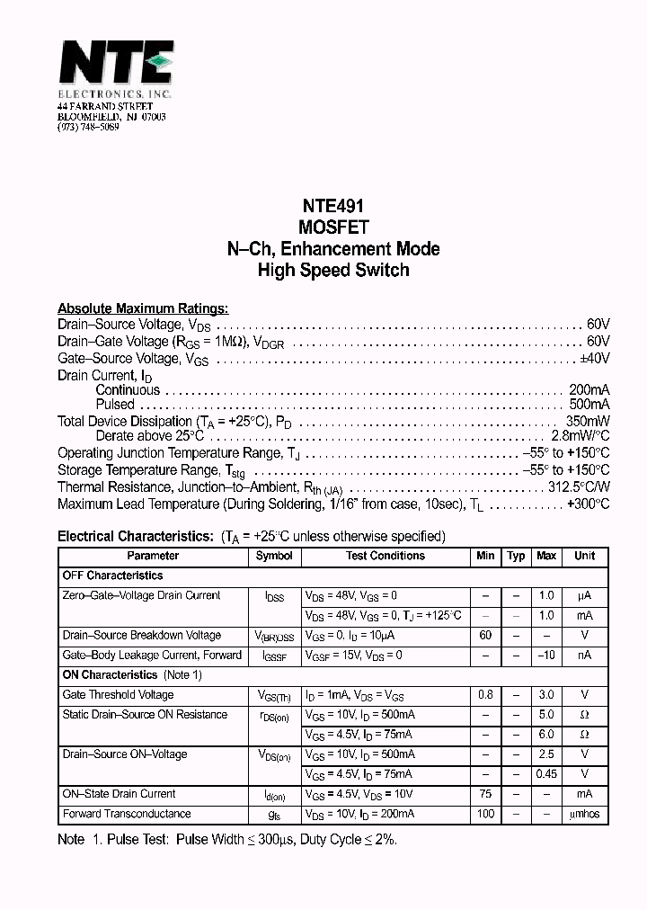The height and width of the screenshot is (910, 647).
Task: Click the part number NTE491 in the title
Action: point(333,206)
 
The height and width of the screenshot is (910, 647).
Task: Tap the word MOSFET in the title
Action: point(333,227)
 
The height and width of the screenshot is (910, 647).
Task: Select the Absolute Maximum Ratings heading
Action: point(143,308)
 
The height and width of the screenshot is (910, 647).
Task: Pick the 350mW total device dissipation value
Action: point(588,422)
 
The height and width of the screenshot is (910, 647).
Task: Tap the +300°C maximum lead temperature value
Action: point(588,504)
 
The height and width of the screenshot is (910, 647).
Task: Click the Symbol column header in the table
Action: point(274,557)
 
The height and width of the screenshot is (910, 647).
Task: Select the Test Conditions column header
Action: point(386,557)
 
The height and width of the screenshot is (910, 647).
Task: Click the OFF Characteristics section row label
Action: point(113,575)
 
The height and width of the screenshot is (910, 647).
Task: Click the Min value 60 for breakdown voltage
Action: point(485,636)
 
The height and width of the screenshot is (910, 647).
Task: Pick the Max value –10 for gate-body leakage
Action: point(546,656)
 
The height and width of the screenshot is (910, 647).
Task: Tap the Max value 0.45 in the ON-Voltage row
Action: point(546,774)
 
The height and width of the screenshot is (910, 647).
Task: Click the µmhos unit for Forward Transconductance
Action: point(584,814)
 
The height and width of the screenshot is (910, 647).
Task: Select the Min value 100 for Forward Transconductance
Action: point(485,814)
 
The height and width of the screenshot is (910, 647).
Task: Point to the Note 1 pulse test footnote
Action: point(227,839)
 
